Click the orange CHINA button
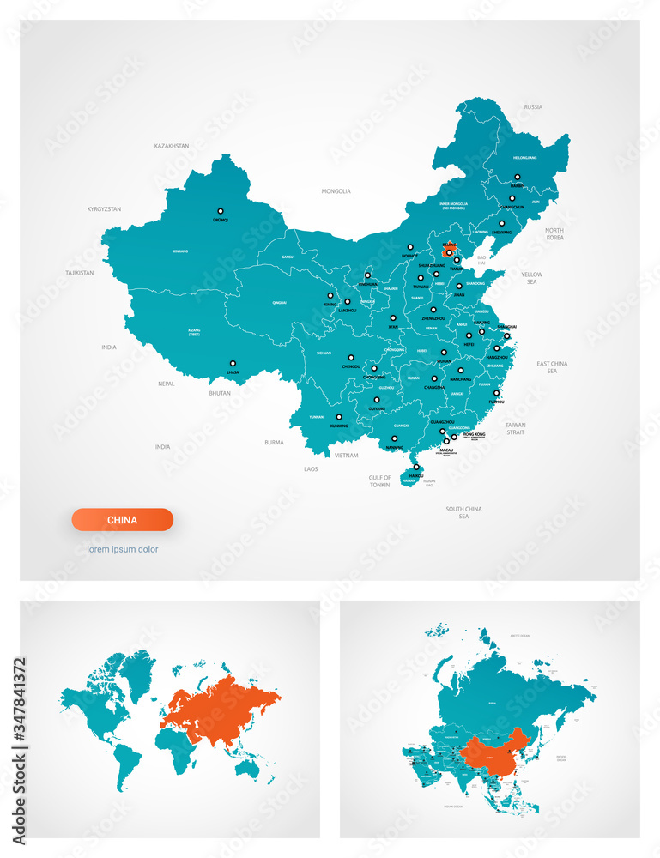(122, 520)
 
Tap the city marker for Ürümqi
(220, 210)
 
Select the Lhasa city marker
(232, 362)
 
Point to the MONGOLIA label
(336, 191)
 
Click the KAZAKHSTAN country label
(172, 146)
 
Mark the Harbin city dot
(517, 178)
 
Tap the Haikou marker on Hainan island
(416, 468)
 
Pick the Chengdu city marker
(350, 358)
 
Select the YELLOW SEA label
(531, 278)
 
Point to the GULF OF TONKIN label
(380, 481)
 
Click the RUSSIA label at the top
(533, 107)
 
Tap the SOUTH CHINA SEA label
(463, 512)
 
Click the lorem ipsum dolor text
(122, 549)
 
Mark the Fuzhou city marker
(496, 393)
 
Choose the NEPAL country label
(166, 384)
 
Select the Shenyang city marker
(502, 223)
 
